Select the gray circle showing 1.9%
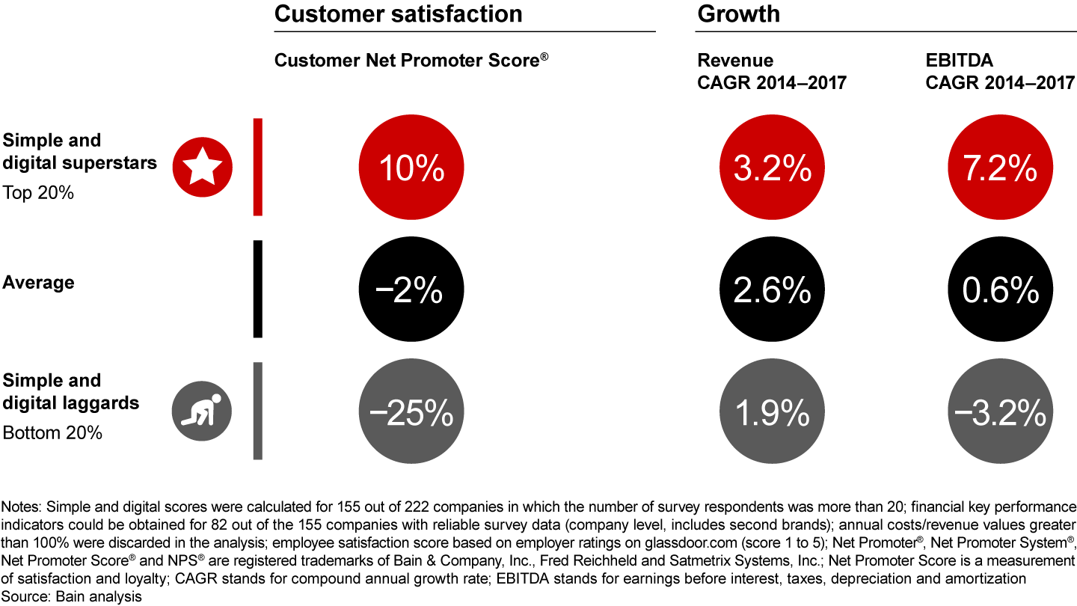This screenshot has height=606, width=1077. coord(772,411)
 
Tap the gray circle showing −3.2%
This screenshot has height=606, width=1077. coord(1000,411)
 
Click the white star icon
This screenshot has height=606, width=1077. coord(203,167)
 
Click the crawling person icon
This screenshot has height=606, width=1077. coord(203,411)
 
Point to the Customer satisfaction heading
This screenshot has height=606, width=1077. coord(398,13)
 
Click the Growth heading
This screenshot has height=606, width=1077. coord(738,13)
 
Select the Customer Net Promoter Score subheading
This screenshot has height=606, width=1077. coord(411,61)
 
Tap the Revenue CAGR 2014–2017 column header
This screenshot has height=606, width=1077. coord(771,71)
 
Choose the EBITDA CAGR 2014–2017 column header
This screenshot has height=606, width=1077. coord(1000,71)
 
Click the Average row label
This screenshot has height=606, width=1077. coord(39,282)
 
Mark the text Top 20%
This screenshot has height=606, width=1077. coord(38,192)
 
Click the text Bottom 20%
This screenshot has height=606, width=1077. coord(52,432)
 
